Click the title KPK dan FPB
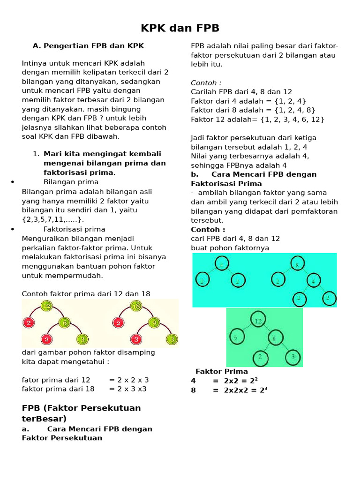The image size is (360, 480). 180,28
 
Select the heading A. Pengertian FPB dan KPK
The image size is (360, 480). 88,46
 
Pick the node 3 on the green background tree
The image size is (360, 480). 292,357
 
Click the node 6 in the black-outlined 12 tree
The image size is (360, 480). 276,337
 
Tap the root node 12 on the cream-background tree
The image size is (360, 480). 46,307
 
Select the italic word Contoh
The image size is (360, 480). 206,83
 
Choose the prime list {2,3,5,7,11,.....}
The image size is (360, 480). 53,219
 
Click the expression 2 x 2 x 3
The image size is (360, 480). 129,380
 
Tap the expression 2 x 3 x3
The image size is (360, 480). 128,389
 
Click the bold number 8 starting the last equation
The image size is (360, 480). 193,390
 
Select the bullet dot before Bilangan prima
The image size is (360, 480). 12,183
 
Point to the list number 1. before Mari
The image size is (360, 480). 36,154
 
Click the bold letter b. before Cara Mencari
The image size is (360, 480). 194,174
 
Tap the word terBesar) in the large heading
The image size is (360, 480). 45,419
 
